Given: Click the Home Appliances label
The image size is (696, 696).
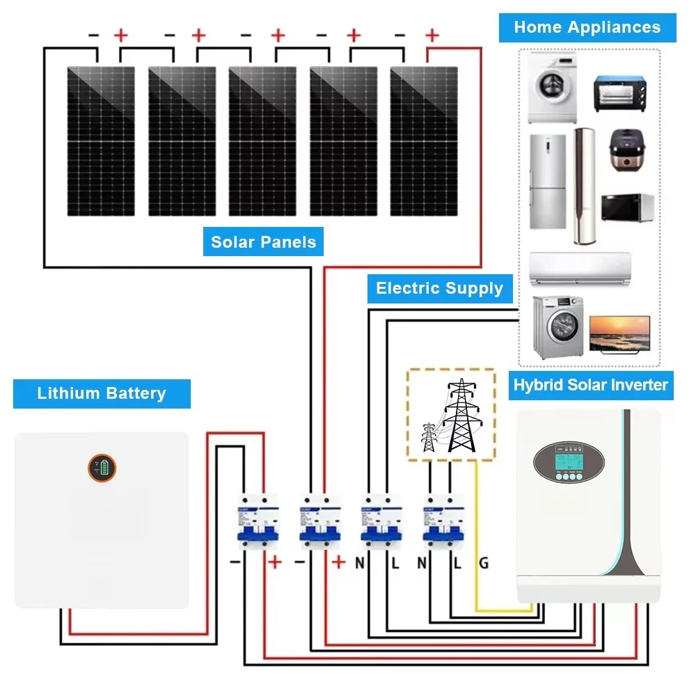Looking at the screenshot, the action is click(587, 28).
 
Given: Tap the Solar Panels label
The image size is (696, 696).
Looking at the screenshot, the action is click(263, 242).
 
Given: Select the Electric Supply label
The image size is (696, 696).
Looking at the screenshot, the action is click(439, 288).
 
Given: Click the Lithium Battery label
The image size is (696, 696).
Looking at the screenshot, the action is click(102, 393).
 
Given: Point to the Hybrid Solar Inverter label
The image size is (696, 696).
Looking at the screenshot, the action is click(590, 385).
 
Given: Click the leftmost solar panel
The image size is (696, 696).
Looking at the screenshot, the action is click(100, 141).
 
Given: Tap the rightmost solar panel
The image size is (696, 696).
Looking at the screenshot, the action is click(424, 141).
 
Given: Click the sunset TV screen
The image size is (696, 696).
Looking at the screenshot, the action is click(619, 333).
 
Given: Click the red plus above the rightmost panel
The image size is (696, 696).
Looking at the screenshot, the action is click(432, 34).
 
